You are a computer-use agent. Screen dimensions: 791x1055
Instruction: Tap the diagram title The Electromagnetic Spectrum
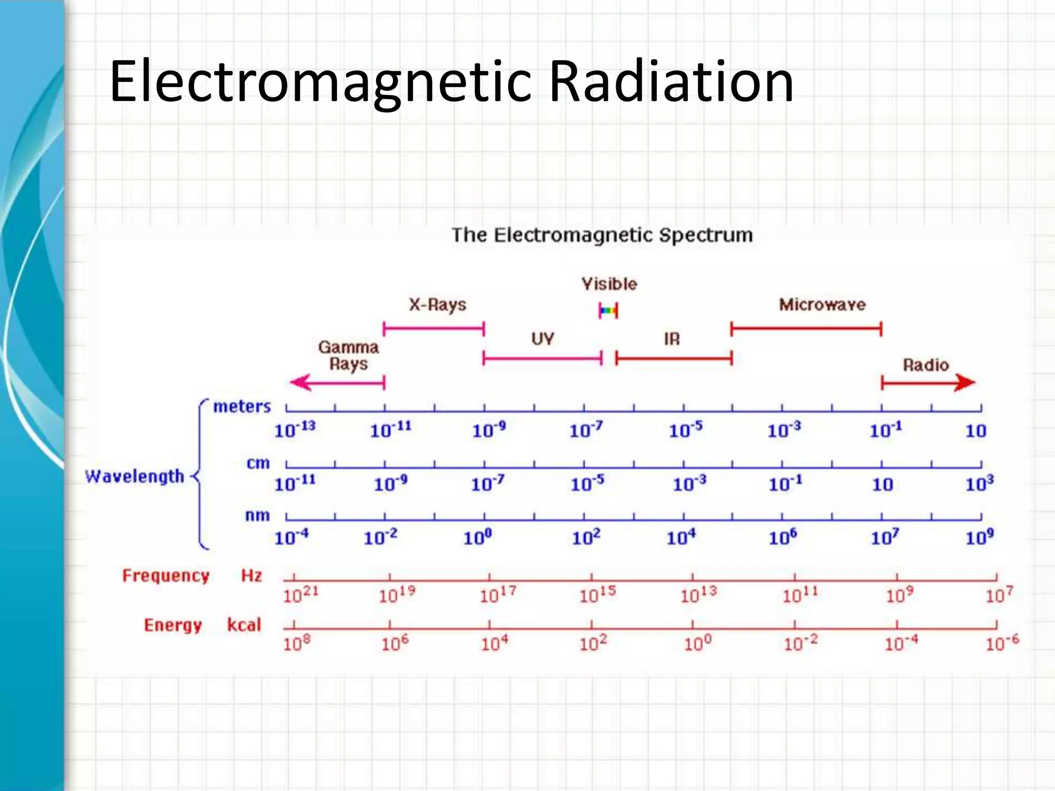(x=602, y=235)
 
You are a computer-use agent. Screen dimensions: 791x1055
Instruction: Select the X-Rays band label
(x=437, y=305)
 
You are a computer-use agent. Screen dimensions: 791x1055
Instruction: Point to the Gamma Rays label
(x=349, y=355)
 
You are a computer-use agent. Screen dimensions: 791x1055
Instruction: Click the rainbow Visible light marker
(x=608, y=311)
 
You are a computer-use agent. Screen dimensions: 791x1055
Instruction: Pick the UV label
(x=542, y=339)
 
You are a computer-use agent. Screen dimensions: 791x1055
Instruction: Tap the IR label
(x=672, y=339)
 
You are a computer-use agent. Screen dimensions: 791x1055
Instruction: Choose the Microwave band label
(x=822, y=305)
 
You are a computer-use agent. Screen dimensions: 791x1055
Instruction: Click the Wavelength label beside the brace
(x=134, y=476)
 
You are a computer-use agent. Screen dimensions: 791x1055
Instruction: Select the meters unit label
(x=242, y=407)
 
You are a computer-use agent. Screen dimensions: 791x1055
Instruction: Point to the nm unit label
(x=257, y=515)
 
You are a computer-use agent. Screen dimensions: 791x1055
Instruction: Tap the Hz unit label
(x=251, y=575)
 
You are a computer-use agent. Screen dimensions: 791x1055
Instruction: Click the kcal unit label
(x=244, y=625)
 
